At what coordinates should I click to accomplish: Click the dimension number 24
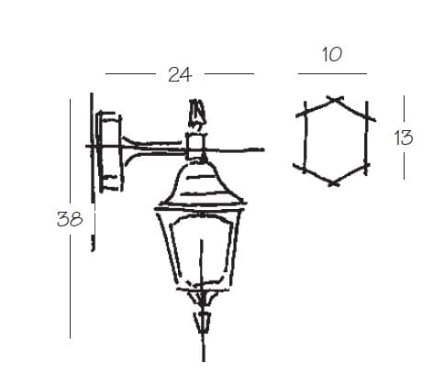tap(180, 75)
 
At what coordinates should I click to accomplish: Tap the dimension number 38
tap(70, 219)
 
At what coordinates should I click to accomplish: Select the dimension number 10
tap(332, 55)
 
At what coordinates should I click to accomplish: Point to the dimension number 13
tap(404, 137)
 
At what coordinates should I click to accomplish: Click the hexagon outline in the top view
tap(305, 137)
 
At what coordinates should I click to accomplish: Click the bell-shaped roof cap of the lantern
tap(202, 183)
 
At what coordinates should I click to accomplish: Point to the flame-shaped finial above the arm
tap(196, 115)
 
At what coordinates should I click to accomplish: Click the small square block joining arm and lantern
tap(195, 146)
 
